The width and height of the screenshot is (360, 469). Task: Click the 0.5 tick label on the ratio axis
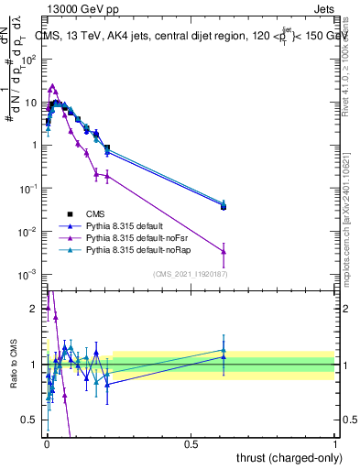[x=29, y=420]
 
